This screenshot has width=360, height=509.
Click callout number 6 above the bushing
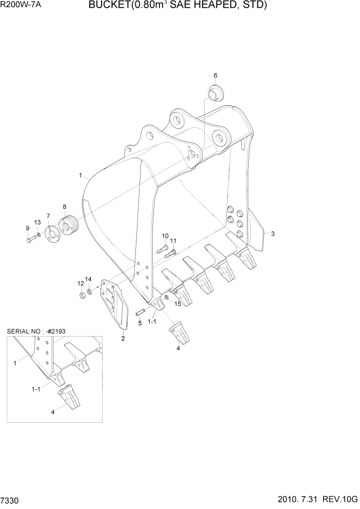[x=215, y=75]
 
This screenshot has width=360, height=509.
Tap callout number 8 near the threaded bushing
[x=65, y=207]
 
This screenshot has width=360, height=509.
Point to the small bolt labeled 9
[x=29, y=239]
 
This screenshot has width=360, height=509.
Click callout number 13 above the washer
[x=37, y=222]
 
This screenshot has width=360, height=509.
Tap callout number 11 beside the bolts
[x=173, y=241]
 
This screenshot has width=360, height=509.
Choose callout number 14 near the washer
[x=88, y=279]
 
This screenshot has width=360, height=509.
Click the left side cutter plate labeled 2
[x=116, y=305]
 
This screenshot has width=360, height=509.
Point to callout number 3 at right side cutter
[x=273, y=234]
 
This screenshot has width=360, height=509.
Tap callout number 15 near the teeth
[x=178, y=304]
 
